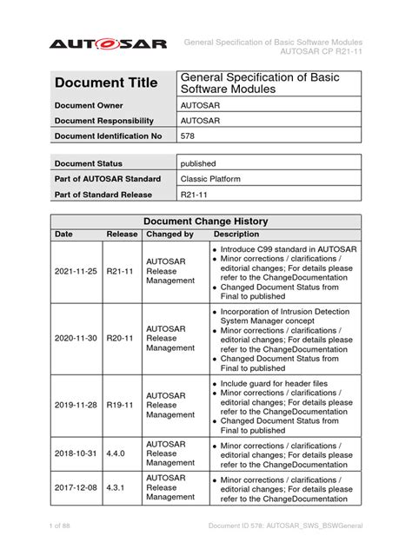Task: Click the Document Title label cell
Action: pyautogui.click(x=106, y=83)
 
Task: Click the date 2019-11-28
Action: pyautogui.click(x=75, y=406)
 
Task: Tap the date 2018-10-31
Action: pyautogui.click(x=75, y=453)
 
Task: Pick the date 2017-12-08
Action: pyautogui.click(x=75, y=487)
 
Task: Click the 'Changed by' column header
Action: pyautogui.click(x=169, y=235)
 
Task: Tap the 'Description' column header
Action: pyautogui.click(x=236, y=235)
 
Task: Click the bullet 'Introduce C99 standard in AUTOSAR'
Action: pyautogui.click(x=286, y=248)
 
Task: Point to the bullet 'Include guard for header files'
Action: pyautogui.click(x=277, y=383)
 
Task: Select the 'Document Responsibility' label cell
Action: pyautogui.click(x=104, y=121)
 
